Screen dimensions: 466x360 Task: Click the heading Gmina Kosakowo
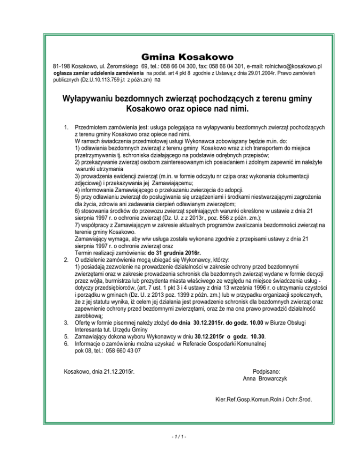coord(180,57)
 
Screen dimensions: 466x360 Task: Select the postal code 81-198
coord(61,67)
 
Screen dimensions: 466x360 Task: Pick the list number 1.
coord(66,127)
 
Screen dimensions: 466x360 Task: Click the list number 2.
coord(66,259)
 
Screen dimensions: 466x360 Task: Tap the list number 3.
coord(66,323)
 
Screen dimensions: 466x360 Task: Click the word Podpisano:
coord(265,370)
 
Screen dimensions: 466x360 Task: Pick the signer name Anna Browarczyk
coord(265,378)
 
